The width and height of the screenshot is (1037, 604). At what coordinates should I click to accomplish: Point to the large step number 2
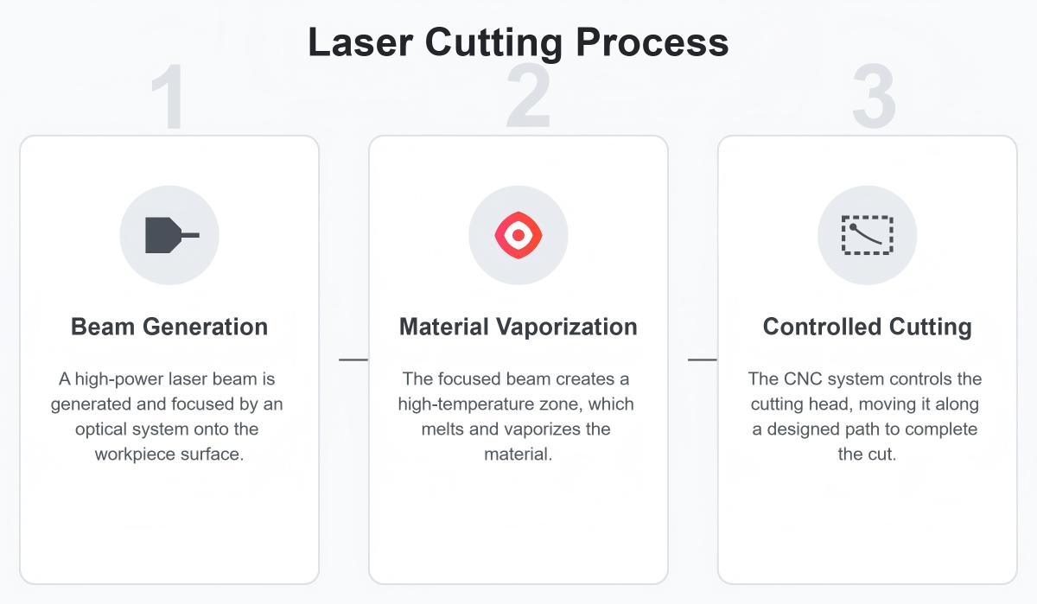click(x=528, y=97)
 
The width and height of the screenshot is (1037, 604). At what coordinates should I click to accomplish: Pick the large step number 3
click(x=874, y=97)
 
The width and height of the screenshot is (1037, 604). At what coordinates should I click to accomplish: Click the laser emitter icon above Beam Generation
click(x=170, y=235)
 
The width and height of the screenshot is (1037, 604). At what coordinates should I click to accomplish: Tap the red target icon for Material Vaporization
click(x=518, y=235)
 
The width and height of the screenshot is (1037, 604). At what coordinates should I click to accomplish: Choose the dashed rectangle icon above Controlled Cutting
click(x=867, y=235)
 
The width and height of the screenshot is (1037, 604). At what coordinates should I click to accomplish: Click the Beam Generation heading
click(x=169, y=327)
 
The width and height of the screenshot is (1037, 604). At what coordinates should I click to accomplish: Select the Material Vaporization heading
click(x=518, y=327)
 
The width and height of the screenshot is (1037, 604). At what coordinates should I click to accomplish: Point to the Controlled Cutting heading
click(x=867, y=327)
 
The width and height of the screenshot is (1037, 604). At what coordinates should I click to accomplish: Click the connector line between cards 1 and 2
click(x=353, y=359)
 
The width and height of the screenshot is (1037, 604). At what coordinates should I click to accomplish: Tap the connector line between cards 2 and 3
click(x=702, y=359)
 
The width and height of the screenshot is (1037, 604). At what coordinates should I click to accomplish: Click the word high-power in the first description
click(x=118, y=379)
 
